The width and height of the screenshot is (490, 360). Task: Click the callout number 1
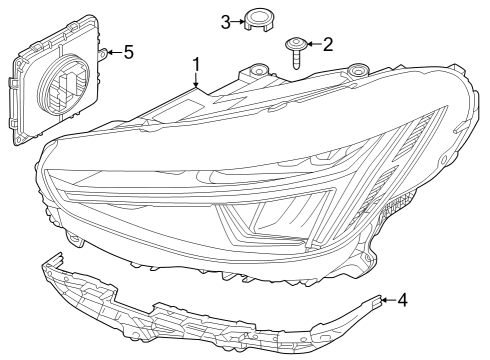(x=196, y=65)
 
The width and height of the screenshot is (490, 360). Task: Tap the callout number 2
(x=326, y=43)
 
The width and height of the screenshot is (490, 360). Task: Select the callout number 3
(x=226, y=19)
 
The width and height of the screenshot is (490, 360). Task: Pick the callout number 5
(x=128, y=52)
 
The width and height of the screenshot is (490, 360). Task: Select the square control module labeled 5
(x=57, y=85)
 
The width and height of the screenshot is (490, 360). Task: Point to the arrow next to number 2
(x=313, y=43)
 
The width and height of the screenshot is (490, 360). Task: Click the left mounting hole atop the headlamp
(x=259, y=72)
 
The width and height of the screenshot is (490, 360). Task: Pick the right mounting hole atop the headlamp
(x=357, y=70)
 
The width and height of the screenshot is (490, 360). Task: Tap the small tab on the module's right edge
(x=102, y=53)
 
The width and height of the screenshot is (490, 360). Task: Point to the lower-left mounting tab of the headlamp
(x=74, y=239)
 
